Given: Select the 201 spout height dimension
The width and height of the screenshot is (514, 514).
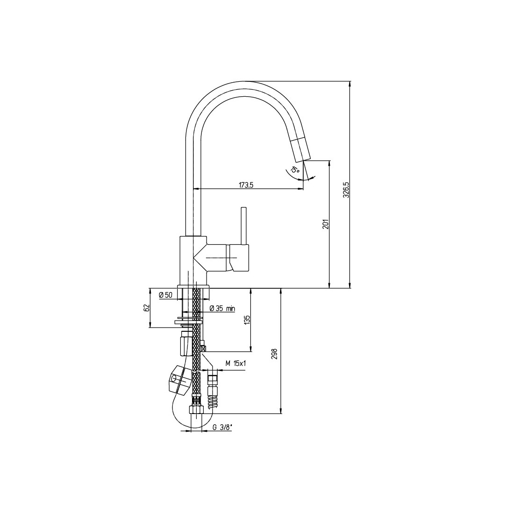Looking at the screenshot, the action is tap(326, 223).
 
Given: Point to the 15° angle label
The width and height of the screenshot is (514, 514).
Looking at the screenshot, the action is tap(295, 170).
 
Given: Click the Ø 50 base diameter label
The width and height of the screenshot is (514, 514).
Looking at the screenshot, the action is tap(165, 295).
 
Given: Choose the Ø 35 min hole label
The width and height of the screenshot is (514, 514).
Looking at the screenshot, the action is tap(222, 308).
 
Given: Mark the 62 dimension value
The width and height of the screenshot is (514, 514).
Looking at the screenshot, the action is tap(147, 308).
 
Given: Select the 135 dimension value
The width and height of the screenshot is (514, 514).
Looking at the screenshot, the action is tap(247, 320).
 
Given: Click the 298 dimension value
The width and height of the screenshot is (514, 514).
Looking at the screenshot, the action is tap(275, 354).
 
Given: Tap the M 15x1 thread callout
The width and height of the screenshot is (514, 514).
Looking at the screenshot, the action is tap(236, 363).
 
